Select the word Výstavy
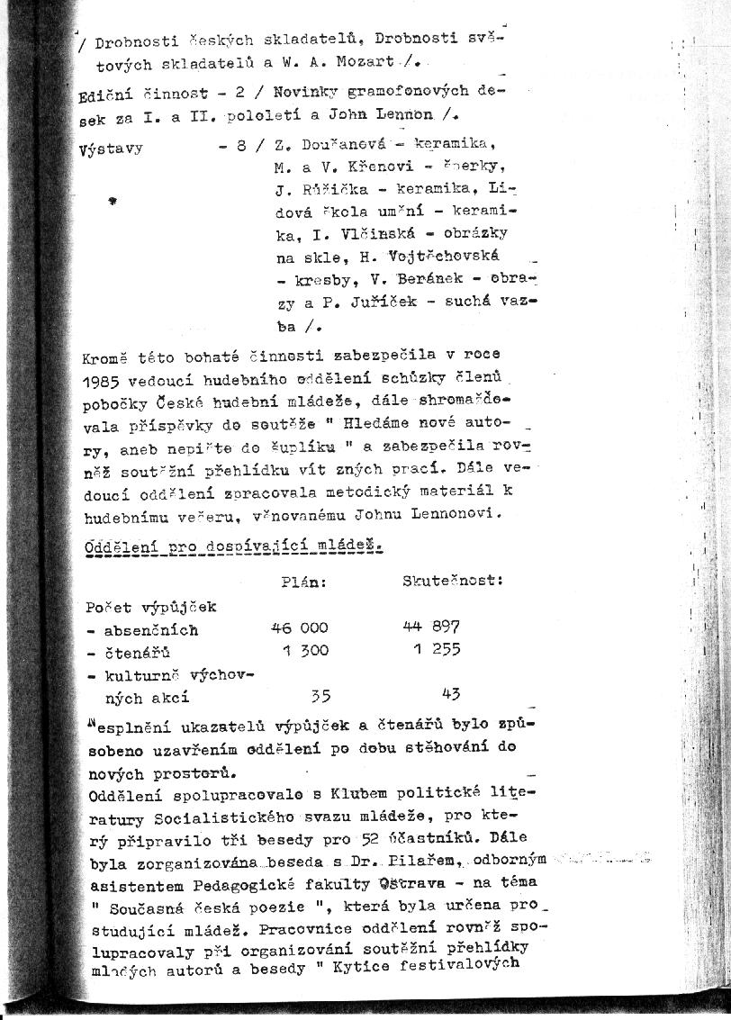point(111,149)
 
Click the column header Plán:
point(302,582)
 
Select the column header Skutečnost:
point(453,582)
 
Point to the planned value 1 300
point(305,651)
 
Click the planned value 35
point(320,695)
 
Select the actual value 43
point(451,694)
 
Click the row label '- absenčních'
point(142,630)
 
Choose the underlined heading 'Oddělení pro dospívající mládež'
point(233,546)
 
